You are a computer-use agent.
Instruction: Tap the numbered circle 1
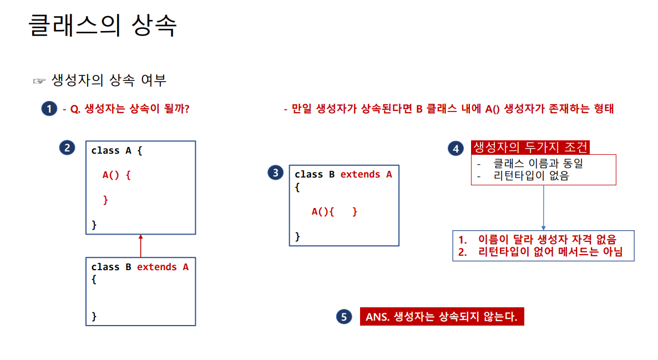coord(49,109)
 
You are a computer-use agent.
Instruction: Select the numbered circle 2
coord(67,148)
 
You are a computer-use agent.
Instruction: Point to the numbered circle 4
coord(455,148)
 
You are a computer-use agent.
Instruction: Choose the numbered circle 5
coord(344,317)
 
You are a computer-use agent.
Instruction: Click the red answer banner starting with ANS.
coord(442,317)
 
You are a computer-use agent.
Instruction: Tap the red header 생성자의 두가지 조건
coord(530,147)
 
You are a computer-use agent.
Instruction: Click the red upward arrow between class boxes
coord(140,245)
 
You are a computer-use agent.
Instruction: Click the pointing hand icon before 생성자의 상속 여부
coord(39,81)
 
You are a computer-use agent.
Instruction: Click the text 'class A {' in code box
coord(117,150)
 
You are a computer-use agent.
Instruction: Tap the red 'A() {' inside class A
coord(116,175)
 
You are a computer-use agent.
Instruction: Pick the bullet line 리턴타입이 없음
coord(530,176)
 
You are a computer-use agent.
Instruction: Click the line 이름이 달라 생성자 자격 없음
coord(546,239)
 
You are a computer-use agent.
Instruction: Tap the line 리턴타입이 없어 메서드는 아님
coord(550,252)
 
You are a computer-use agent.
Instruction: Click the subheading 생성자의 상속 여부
coord(109,80)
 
